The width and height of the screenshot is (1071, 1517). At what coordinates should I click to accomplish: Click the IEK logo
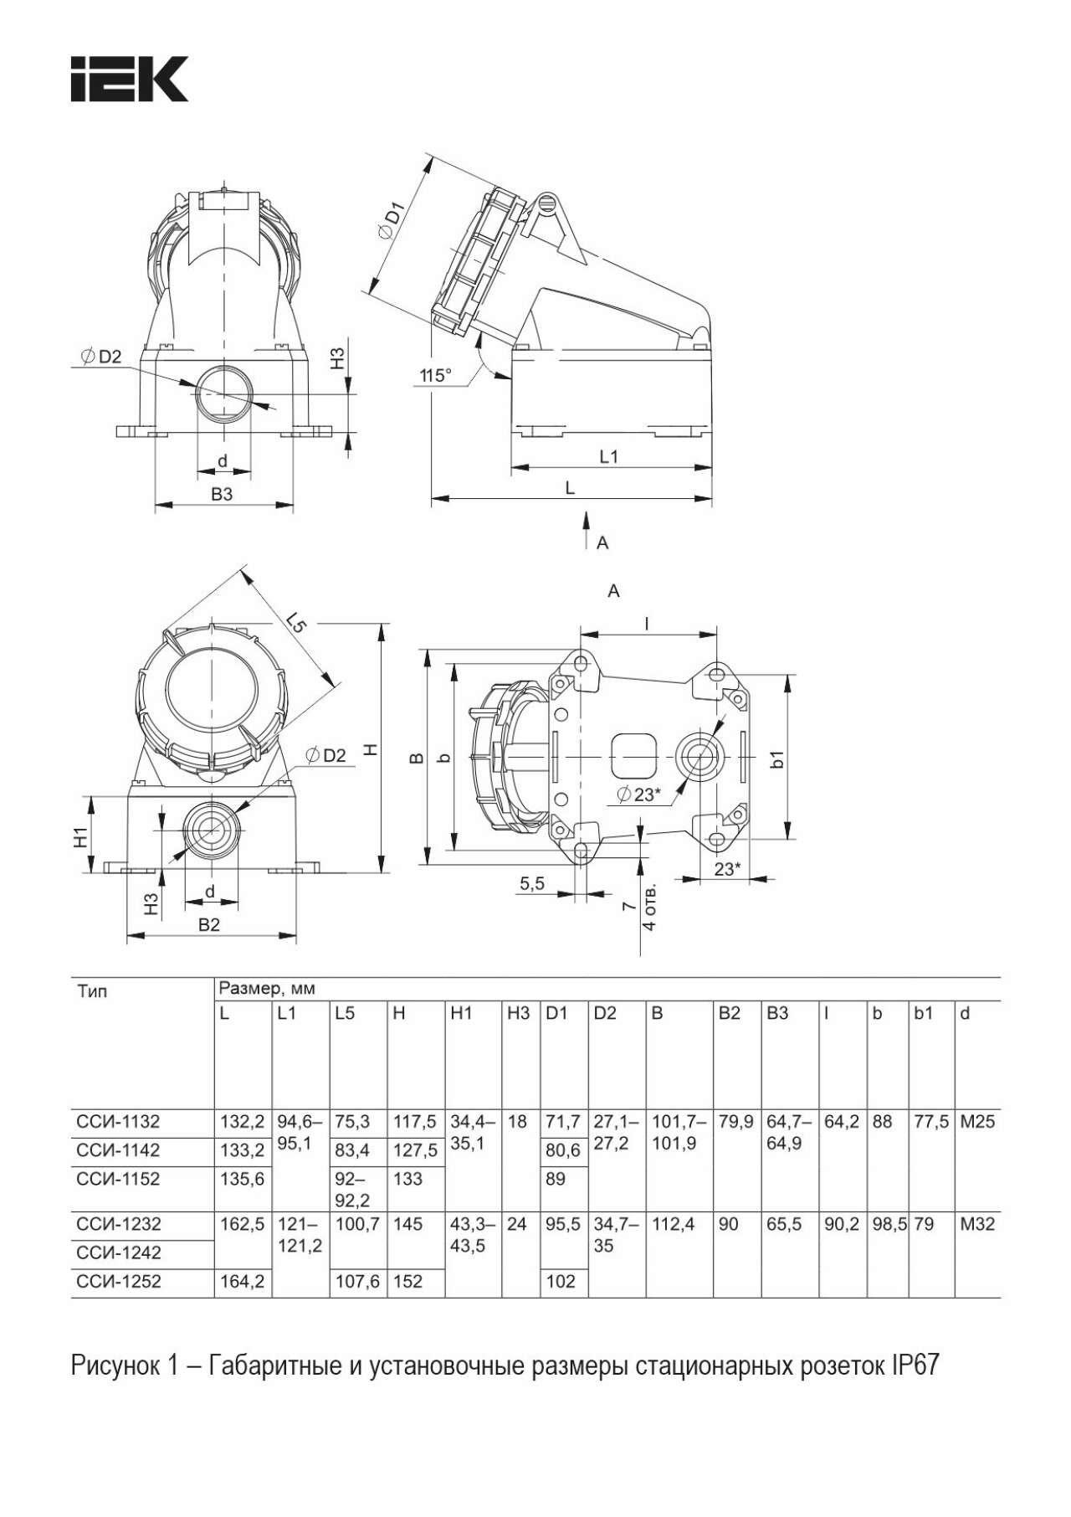(x=130, y=79)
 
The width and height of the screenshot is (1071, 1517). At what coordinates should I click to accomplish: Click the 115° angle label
(x=435, y=375)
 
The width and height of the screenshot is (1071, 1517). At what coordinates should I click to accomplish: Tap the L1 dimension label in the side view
(x=608, y=456)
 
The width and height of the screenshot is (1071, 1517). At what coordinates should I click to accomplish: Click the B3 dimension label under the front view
(x=222, y=494)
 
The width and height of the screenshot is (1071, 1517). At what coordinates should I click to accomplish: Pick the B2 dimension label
(x=208, y=924)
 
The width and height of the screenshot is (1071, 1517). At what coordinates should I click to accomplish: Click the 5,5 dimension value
(x=531, y=883)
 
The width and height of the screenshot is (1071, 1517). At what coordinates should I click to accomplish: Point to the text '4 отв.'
(x=649, y=907)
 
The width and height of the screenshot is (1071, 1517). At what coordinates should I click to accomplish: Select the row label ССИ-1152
(x=118, y=1179)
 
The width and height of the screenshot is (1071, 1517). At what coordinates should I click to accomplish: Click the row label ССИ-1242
(x=118, y=1252)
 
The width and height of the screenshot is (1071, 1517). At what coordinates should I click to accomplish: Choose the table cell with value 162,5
(x=242, y=1224)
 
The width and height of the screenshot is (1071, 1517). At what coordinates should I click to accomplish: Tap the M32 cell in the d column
(x=977, y=1224)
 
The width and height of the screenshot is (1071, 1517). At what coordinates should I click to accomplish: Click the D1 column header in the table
(x=556, y=1014)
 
